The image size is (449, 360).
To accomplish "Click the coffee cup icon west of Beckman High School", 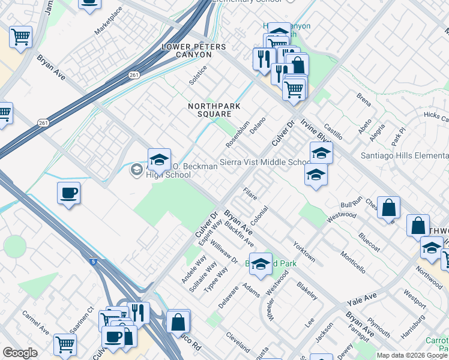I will point(68,193).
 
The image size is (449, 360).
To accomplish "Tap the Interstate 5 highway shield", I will point(94,261).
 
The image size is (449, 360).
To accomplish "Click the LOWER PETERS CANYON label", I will point(187,50).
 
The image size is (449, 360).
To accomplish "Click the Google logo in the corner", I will point(20,353).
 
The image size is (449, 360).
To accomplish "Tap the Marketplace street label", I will point(109,20).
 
